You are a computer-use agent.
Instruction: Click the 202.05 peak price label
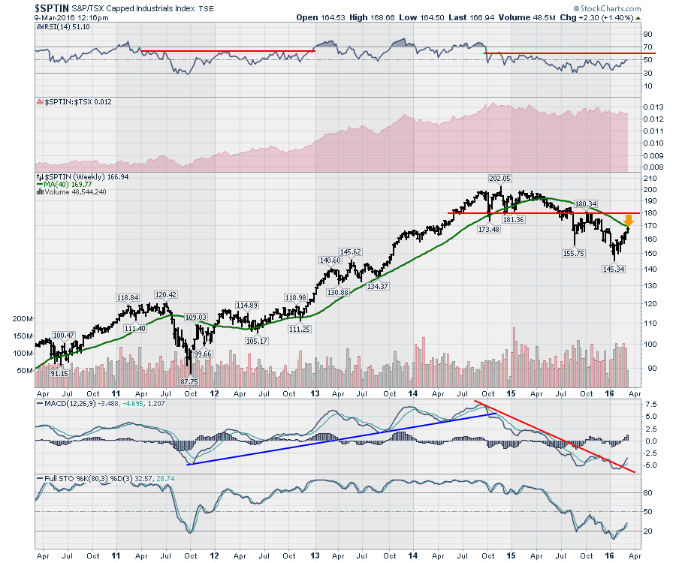point(499,179)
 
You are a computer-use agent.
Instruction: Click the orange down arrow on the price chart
point(629,221)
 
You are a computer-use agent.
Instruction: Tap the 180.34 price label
point(585,203)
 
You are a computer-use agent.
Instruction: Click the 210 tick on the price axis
point(648,178)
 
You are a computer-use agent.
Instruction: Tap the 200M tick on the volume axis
point(24,319)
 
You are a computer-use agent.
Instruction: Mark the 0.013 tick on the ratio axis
point(653,107)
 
